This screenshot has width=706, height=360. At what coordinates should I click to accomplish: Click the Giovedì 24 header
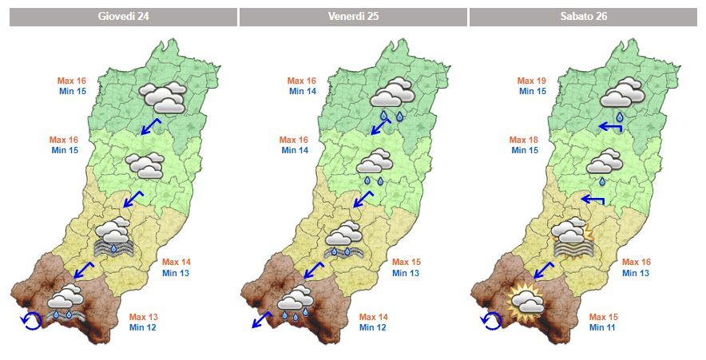[x=124, y=17]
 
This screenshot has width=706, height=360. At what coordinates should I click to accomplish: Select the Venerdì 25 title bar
[x=353, y=17]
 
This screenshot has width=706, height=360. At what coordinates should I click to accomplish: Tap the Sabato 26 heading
[x=583, y=17]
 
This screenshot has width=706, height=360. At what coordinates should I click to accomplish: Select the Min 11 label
[x=604, y=327]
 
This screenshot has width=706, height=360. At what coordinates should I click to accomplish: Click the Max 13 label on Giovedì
[x=145, y=317]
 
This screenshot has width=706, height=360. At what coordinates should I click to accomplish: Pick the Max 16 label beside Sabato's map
[x=637, y=262]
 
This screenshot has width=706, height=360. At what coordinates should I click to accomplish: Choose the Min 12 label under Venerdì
[x=374, y=327]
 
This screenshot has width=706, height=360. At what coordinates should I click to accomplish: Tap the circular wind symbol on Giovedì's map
[x=30, y=320]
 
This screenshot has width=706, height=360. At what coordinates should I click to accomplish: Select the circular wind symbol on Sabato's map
[x=490, y=320]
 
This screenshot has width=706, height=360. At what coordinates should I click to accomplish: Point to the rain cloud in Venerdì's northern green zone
[x=391, y=98]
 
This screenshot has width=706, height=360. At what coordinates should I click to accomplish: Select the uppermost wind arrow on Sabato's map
[x=611, y=127]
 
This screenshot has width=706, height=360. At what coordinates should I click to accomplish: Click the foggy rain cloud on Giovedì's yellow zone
[x=115, y=238]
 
